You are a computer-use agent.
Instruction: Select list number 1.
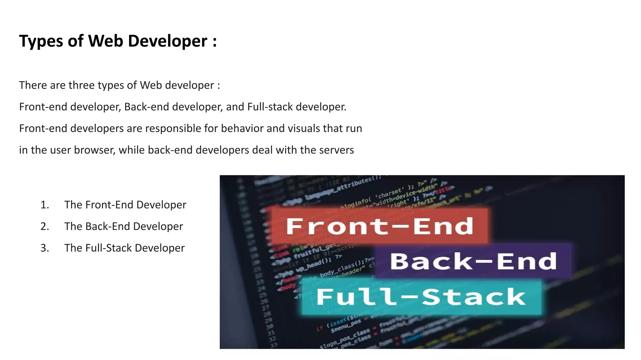44,205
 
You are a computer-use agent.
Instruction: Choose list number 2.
44,227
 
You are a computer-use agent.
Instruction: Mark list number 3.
44,248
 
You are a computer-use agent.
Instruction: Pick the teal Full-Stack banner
421,297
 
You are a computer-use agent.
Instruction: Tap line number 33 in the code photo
273,345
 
